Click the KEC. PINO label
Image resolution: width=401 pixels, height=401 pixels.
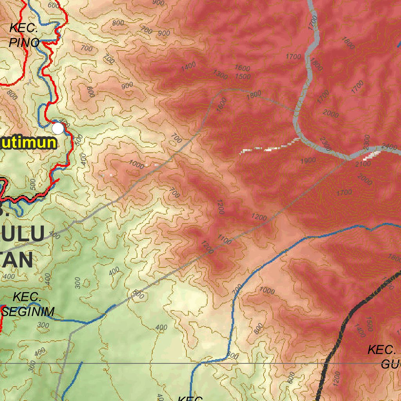24,35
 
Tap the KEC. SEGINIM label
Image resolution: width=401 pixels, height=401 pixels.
27,304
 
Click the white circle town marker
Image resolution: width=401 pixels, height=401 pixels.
58,128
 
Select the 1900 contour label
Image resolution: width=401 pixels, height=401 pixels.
308,161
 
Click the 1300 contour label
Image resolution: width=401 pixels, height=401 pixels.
220,74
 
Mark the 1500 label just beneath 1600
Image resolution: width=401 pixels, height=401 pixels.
243,76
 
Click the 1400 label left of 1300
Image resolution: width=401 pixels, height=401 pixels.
188,66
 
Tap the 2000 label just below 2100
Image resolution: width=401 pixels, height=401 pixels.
365,180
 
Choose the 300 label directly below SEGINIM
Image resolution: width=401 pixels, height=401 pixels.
43,325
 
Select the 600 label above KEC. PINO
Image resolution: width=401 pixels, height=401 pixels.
54,5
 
